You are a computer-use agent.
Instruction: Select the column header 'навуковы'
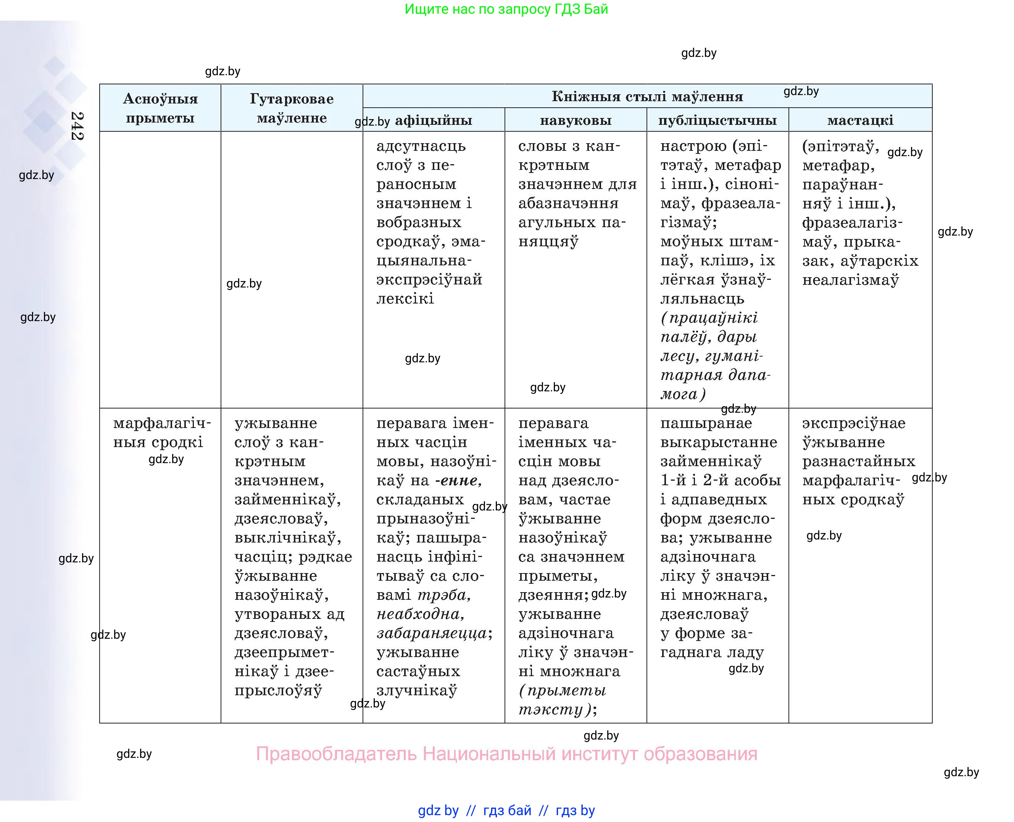coord(576,120)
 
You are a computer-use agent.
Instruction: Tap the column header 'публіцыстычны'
coord(717,120)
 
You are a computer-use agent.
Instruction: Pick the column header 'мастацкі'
coord(860,120)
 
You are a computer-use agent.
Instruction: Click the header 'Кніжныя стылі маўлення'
coord(647,97)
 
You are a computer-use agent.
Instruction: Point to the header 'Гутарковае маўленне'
coord(292,108)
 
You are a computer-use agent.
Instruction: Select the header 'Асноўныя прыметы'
coord(160,108)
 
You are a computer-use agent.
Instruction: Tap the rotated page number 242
coord(77,126)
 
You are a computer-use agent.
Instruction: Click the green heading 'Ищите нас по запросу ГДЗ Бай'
coord(506,9)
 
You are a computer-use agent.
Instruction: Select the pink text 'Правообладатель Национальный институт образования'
coord(506,753)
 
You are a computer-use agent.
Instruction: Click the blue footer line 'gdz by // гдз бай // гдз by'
coord(506,810)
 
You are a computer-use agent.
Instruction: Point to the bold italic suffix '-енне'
coord(458,481)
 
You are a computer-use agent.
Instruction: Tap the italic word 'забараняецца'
coord(432,633)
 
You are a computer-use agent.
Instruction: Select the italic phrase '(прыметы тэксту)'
coord(562,700)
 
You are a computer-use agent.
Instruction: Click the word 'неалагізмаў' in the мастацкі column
coord(850,280)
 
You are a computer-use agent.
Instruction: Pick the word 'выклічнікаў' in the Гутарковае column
coord(288,538)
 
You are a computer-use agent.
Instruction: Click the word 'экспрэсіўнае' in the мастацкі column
coord(854,423)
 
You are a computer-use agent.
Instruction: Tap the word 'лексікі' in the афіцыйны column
coord(405,299)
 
